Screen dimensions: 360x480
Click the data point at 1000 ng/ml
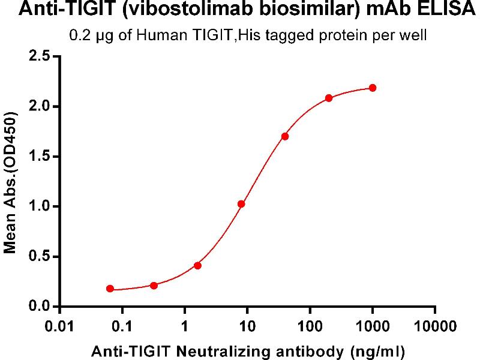coord(373,88)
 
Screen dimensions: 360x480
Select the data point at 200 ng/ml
coord(329,98)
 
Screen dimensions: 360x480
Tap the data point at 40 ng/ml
coord(285,136)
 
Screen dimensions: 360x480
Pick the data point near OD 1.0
coord(241,204)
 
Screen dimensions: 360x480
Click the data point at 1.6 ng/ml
coord(197,265)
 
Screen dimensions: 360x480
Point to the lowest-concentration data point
coord(110,289)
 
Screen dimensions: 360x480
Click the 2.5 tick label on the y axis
coord(38,57)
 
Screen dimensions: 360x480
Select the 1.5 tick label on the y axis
coord(38,157)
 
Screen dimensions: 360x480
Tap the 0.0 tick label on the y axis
coord(38,307)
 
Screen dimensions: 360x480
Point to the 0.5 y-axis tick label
coord(38,257)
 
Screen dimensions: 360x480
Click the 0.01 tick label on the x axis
coord(59,327)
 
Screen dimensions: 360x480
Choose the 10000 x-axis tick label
coord(435,327)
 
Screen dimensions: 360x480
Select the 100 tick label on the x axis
coord(310,327)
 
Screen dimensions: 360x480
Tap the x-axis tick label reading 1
coord(184,327)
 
